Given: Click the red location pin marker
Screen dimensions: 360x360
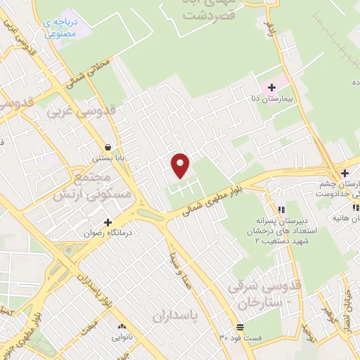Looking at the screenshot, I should click(181, 165).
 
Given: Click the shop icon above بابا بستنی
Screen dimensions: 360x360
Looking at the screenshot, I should click(107, 148).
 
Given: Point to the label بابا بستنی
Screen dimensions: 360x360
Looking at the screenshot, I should click(111, 159).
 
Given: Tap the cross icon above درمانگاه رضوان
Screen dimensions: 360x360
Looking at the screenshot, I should click(108, 221).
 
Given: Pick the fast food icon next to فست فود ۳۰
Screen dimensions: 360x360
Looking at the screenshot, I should click(240, 327).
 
